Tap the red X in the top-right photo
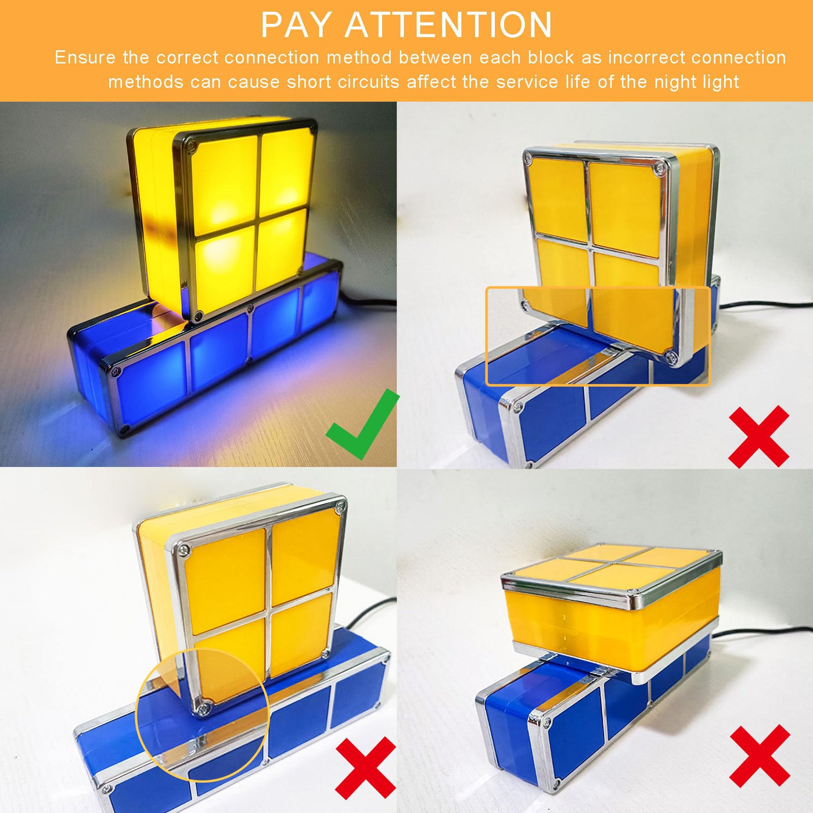[759, 437]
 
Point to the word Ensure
[84, 57]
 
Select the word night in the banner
[675, 82]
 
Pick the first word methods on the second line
[146, 81]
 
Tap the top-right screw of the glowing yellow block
[312, 130]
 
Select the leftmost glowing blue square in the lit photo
[150, 380]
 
